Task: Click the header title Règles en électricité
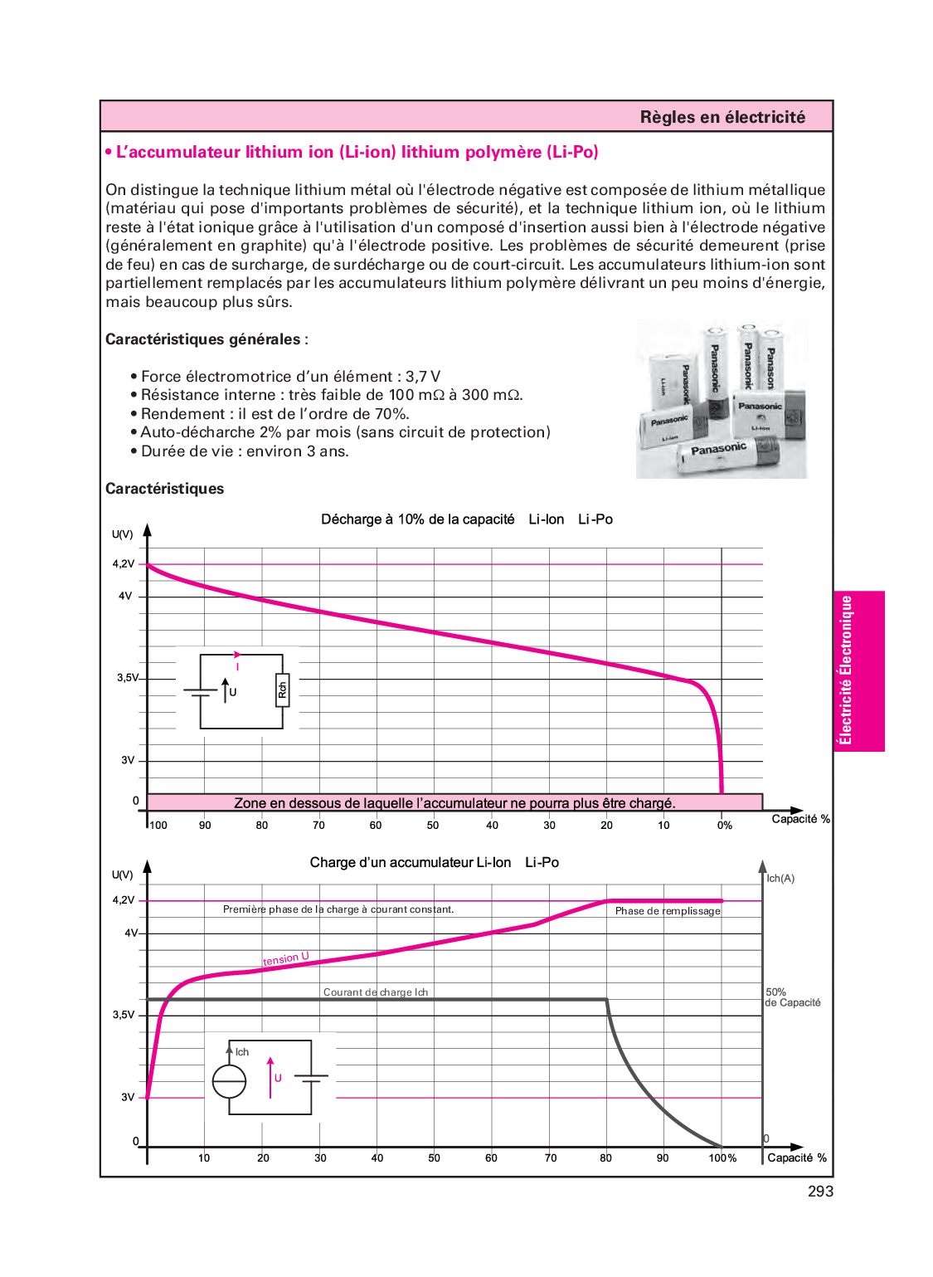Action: click(722, 117)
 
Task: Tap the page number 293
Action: click(820, 1192)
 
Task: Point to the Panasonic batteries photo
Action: click(722, 400)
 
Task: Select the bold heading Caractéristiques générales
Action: click(203, 339)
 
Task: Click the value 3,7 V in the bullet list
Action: click(423, 377)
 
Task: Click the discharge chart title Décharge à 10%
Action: click(417, 519)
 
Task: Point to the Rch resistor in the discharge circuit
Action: click(282, 690)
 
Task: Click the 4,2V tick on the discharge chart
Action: click(124, 564)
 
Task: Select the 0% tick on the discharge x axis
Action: click(725, 826)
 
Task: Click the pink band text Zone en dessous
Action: click(454, 803)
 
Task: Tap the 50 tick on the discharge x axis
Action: click(433, 826)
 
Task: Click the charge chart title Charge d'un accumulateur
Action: click(410, 863)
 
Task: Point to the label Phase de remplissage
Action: click(668, 911)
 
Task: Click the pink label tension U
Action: click(286, 959)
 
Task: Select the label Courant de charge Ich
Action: click(376, 992)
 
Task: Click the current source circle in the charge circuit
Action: click(230, 1081)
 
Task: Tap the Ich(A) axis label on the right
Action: click(780, 879)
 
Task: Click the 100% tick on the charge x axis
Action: click(722, 1158)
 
